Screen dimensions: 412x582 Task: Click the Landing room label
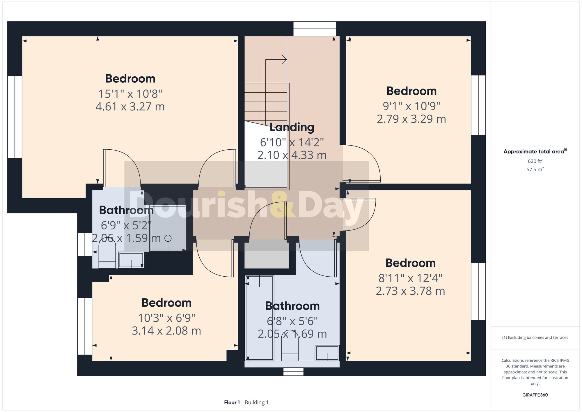(x=292, y=127)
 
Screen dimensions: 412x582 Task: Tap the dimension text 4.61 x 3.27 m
(x=130, y=107)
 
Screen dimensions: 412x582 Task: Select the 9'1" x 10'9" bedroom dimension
(x=411, y=106)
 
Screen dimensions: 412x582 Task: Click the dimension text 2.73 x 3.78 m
(x=410, y=291)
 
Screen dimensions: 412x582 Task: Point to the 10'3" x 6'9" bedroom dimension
(x=166, y=318)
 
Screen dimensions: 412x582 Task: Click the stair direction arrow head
(x=285, y=60)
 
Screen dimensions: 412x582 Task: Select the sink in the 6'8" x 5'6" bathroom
(x=327, y=353)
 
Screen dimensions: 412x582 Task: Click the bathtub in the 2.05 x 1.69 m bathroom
(x=260, y=318)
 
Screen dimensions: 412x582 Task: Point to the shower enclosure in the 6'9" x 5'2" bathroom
(x=168, y=228)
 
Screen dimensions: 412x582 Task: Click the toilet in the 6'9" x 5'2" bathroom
(x=107, y=256)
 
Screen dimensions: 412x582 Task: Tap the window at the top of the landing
(x=315, y=29)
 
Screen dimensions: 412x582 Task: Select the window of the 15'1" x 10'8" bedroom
(x=15, y=117)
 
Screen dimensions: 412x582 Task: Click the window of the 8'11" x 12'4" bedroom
(x=478, y=291)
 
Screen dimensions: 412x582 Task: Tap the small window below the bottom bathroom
(x=293, y=372)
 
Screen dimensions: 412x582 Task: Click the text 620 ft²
(x=535, y=161)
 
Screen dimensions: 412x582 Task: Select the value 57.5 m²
(x=535, y=169)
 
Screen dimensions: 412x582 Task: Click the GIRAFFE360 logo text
(x=535, y=395)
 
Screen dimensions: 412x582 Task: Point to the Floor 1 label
(x=232, y=402)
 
